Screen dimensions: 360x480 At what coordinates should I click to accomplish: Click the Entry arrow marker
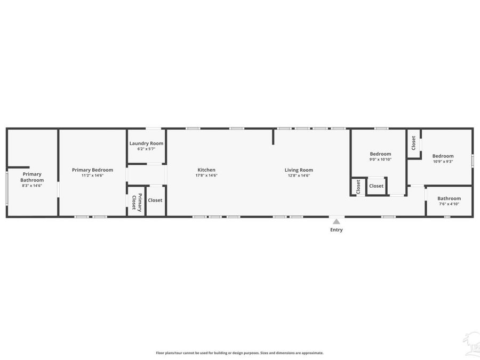tap(336, 221)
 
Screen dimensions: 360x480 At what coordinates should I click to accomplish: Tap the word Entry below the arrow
tap(336, 230)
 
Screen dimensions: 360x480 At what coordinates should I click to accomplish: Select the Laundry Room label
tap(146, 143)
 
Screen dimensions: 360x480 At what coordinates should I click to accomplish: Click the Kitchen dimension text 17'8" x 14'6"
tap(206, 175)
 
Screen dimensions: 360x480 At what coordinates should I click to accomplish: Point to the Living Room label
tap(299, 170)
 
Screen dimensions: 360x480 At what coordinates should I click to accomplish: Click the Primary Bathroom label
tap(32, 177)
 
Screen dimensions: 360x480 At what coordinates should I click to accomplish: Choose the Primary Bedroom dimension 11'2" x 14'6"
tap(92, 175)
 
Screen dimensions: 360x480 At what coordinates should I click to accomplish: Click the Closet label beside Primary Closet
tap(155, 201)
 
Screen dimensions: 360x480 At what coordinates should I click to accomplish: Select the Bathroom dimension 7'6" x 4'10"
tap(449, 204)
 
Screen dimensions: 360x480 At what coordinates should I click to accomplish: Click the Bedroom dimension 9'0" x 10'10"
tap(380, 159)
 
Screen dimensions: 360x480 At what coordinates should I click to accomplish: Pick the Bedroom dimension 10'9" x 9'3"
tap(443, 162)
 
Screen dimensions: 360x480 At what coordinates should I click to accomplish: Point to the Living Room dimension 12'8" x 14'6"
tap(299, 175)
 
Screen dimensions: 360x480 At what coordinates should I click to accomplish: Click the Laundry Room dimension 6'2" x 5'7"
tap(146, 149)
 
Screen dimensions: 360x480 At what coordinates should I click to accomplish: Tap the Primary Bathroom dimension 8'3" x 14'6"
tap(32, 186)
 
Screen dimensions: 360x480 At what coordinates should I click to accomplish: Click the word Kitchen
tap(206, 170)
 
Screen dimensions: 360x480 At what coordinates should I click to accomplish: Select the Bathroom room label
tap(449, 198)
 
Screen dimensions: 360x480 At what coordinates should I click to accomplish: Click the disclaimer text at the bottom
tap(239, 353)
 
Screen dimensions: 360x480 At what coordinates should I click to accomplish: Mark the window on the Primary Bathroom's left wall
tap(7, 186)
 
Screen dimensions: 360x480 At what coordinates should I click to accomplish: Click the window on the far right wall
tap(473, 161)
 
